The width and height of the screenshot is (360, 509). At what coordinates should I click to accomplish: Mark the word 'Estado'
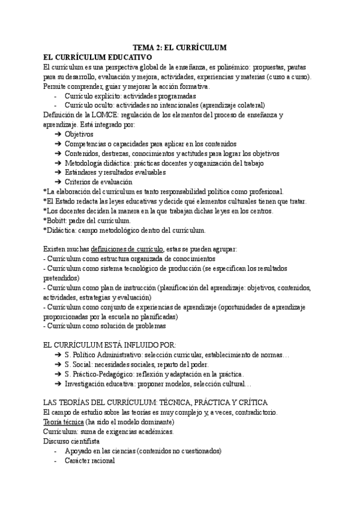click(x=69, y=201)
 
